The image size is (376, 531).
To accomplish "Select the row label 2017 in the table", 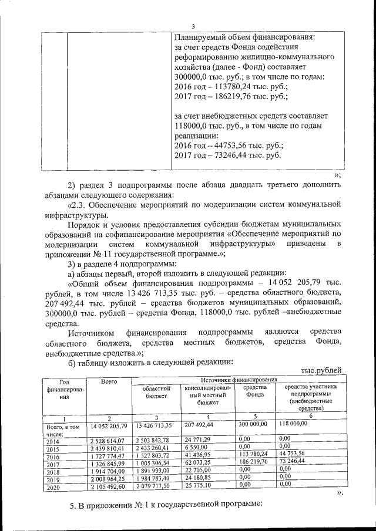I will pos(53,463).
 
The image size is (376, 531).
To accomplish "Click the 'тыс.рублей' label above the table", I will pos(321,371).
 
